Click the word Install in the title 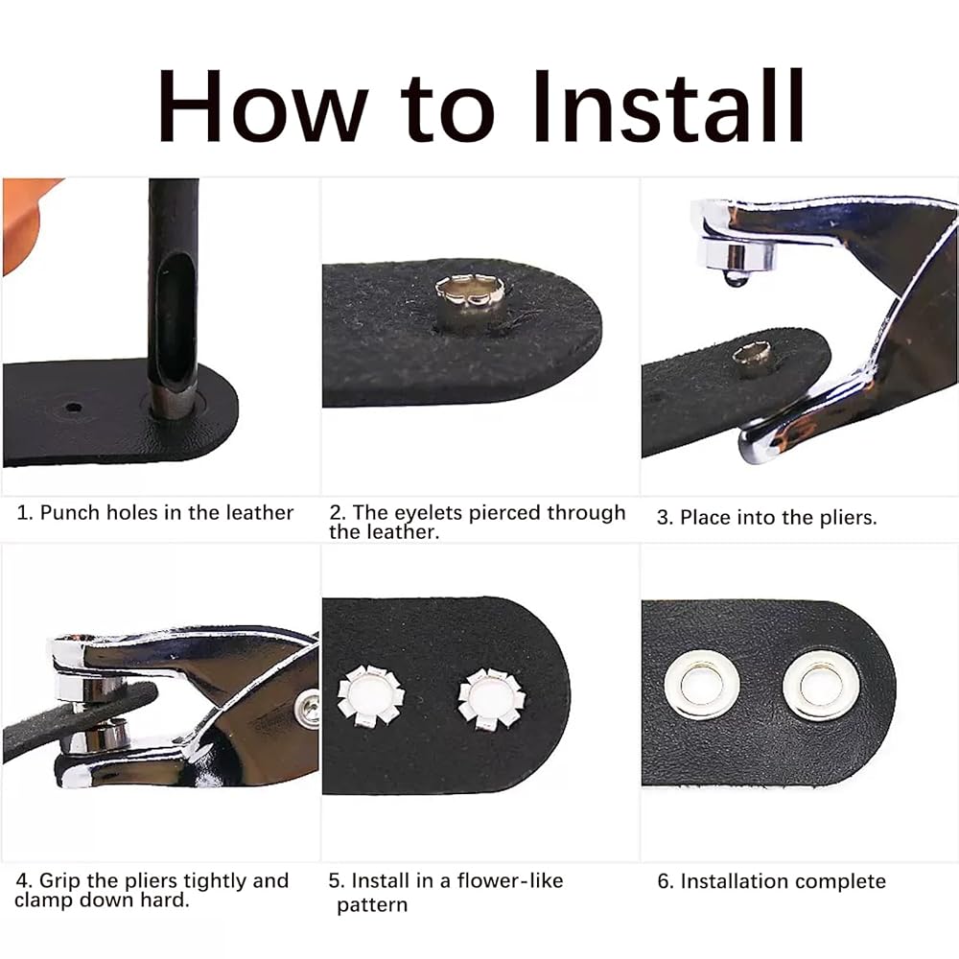tap(667, 105)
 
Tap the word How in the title tap(262, 106)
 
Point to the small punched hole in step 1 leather tap(74, 407)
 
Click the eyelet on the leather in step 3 tap(752, 360)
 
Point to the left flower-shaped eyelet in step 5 tap(370, 697)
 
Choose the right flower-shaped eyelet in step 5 tap(491, 699)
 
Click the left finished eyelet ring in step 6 tap(702, 685)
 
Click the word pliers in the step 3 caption tap(849, 518)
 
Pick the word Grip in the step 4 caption tap(60, 880)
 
